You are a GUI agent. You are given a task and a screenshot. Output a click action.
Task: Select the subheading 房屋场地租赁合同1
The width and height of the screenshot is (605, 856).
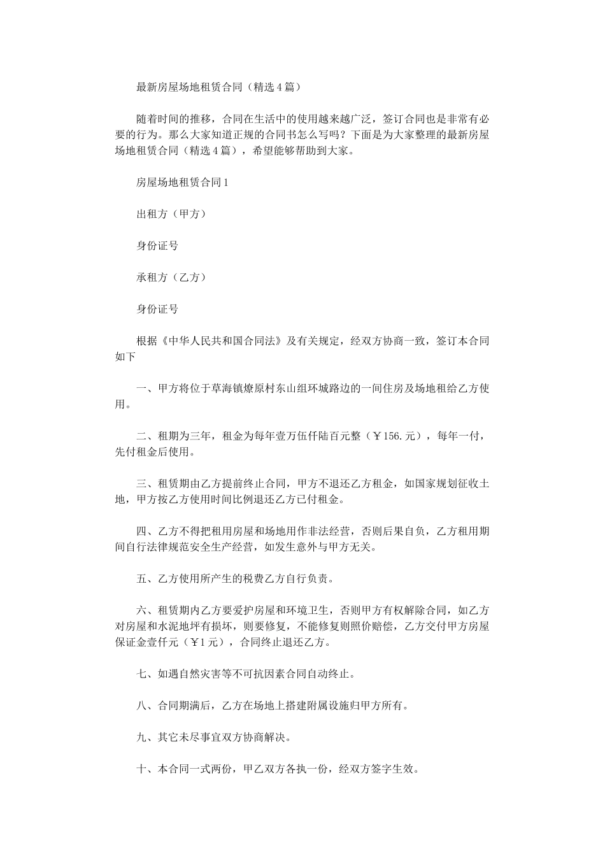click(182, 182)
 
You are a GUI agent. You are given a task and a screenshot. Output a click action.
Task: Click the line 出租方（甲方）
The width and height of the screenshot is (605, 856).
click(171, 214)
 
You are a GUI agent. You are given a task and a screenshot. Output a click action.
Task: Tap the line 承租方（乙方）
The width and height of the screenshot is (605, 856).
click(171, 278)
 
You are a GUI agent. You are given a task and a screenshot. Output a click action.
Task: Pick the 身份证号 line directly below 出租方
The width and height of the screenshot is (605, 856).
click(157, 246)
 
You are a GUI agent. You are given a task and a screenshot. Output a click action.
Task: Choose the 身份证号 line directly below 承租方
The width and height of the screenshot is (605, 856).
click(157, 310)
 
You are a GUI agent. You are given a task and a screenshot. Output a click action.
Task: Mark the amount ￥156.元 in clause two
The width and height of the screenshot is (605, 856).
click(397, 436)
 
